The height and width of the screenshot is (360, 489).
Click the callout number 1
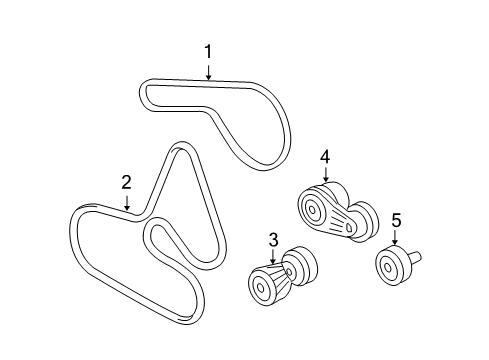(208, 50)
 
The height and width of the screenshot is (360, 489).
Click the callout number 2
(126, 181)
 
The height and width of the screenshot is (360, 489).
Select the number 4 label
(324, 156)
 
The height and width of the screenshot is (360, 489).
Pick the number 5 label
(395, 220)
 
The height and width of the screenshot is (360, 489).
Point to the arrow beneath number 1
(208, 70)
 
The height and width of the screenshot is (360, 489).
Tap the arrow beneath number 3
(272, 256)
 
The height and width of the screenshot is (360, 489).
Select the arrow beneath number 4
(324, 176)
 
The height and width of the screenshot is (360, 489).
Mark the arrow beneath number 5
(395, 239)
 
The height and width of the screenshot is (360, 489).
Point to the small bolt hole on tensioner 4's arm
(347, 229)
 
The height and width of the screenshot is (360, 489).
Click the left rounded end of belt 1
(144, 93)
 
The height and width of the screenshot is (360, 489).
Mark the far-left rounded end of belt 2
(77, 222)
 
